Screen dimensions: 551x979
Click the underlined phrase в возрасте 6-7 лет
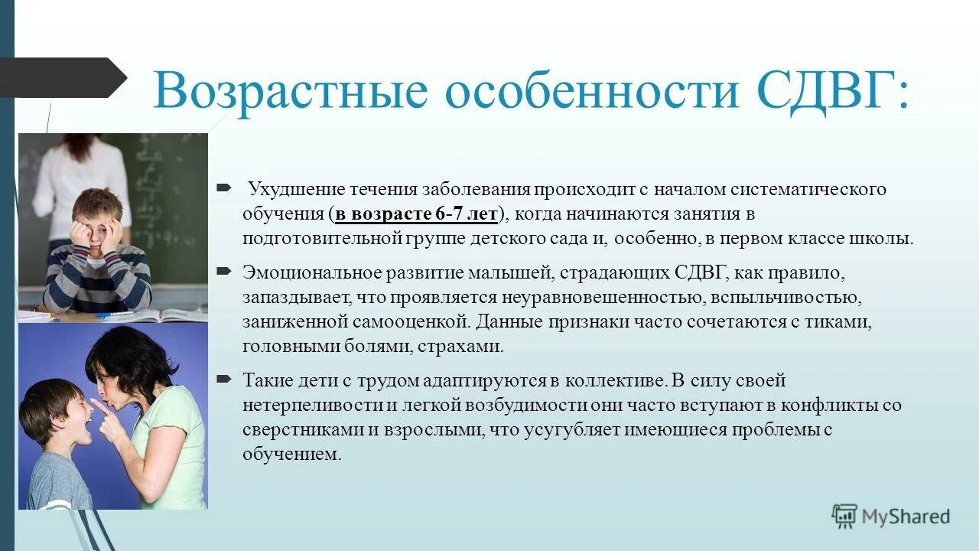416,214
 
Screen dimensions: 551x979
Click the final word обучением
291,455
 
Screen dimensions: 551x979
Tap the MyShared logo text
906,517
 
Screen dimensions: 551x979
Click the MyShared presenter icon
844,517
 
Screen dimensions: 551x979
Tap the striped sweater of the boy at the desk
96,279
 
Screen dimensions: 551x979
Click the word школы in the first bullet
887,238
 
